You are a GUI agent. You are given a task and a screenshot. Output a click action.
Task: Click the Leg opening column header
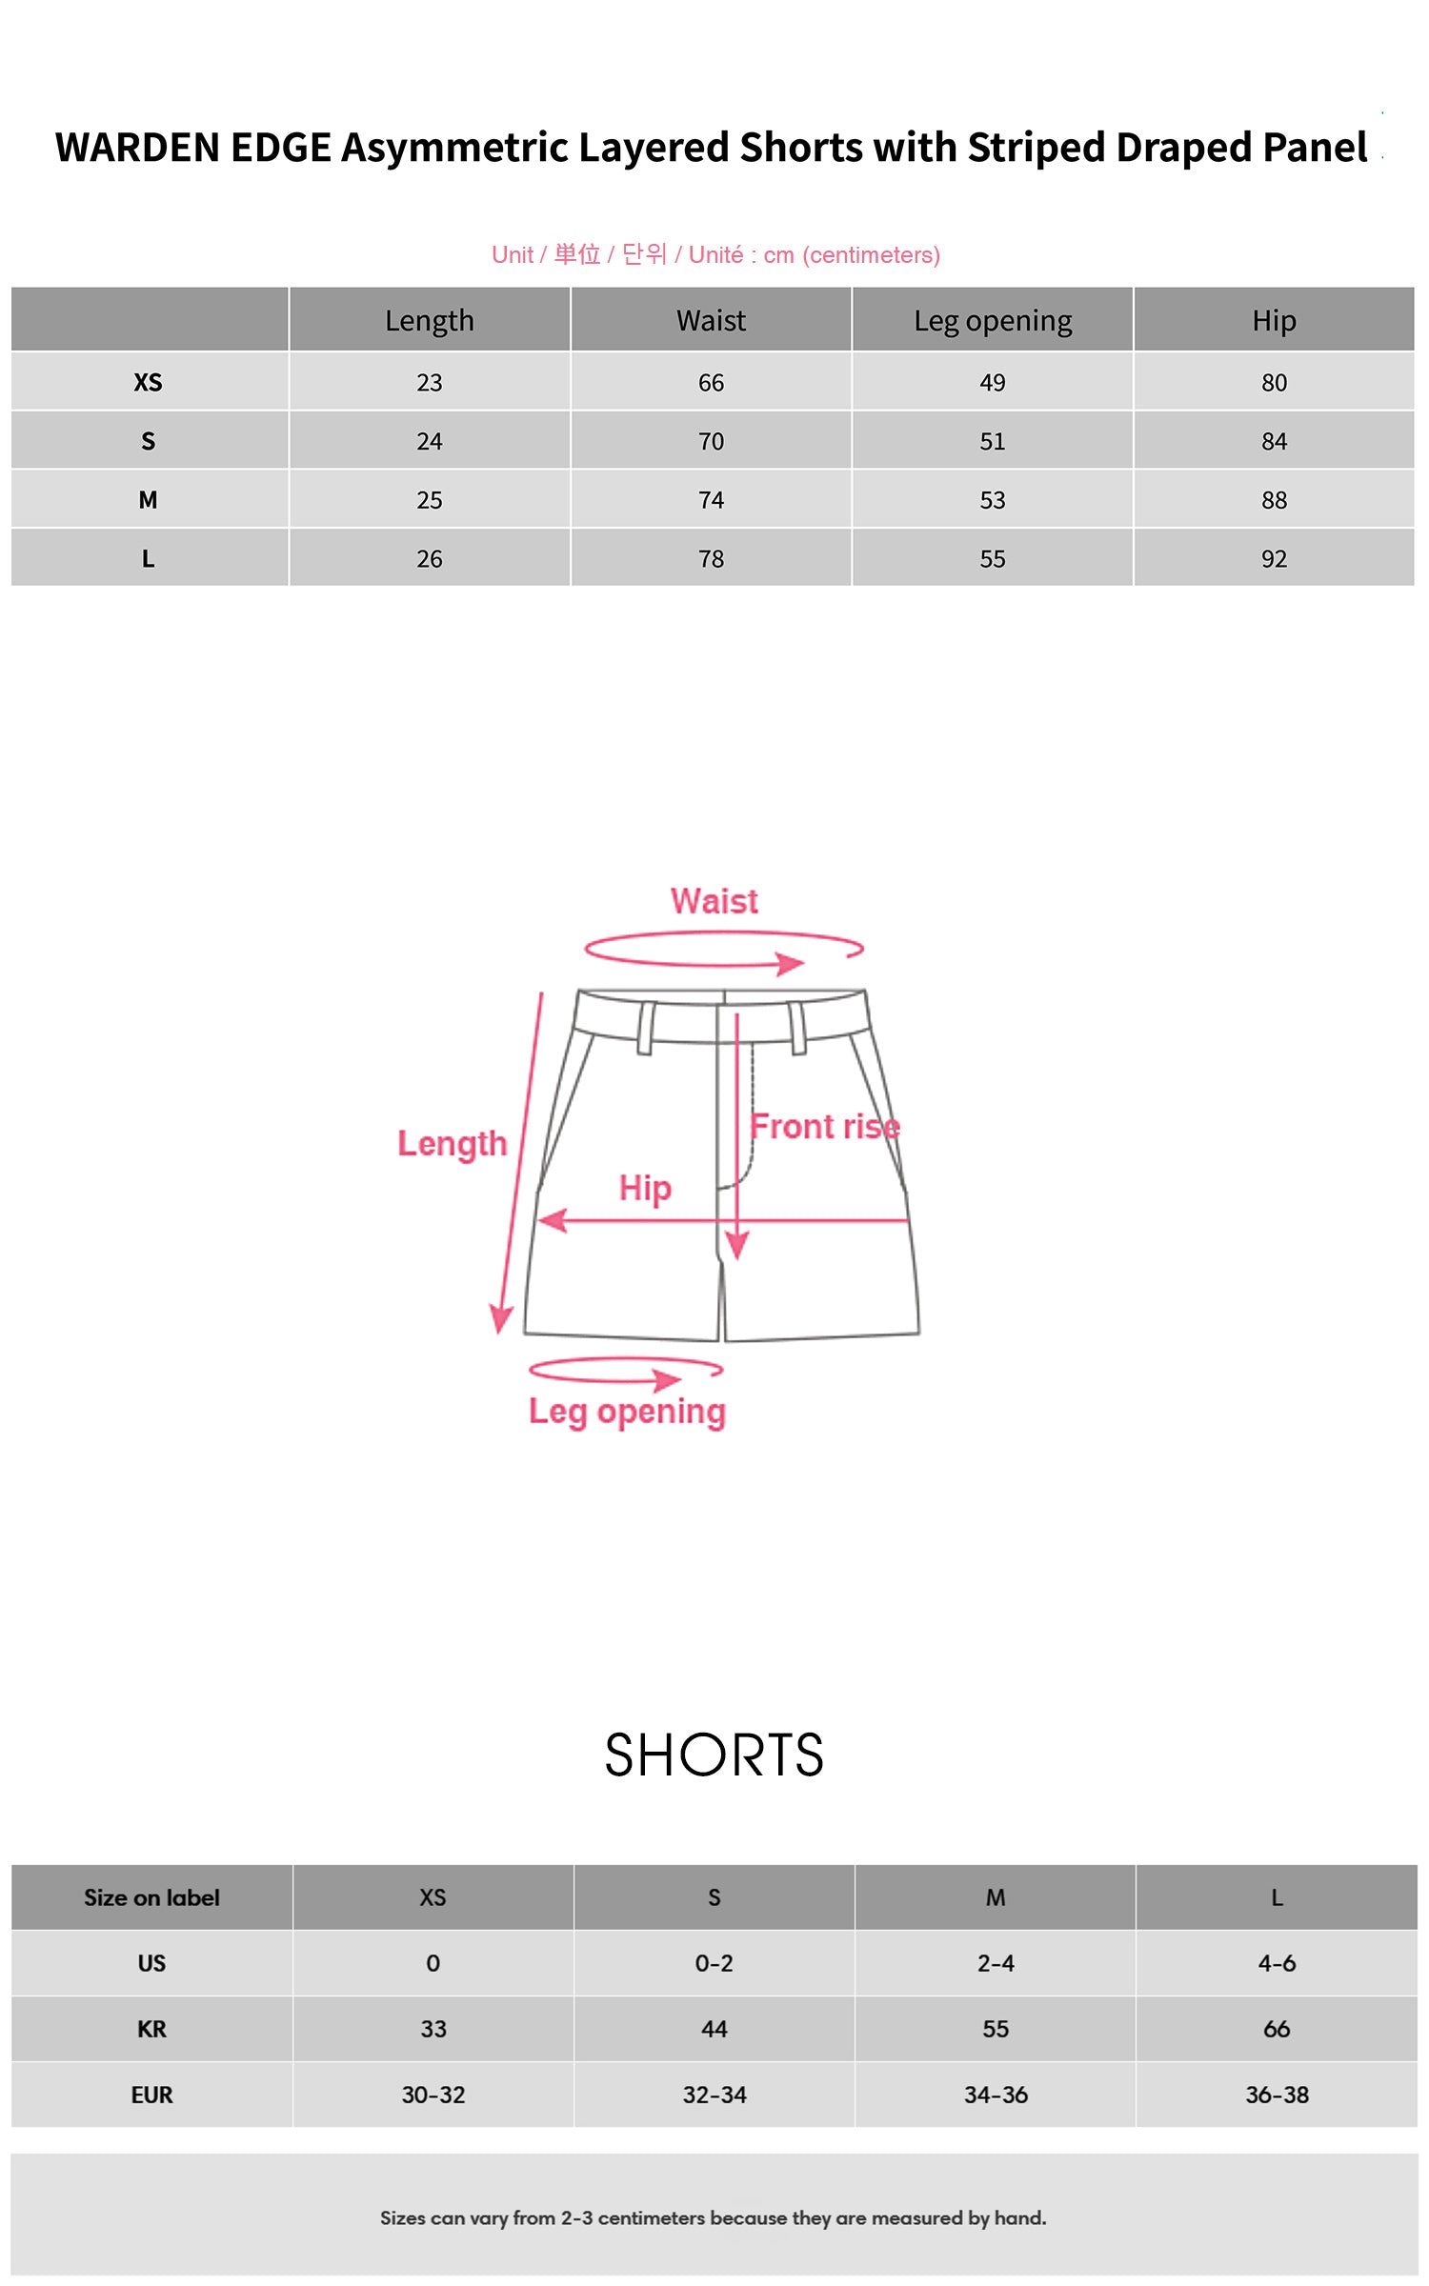993,321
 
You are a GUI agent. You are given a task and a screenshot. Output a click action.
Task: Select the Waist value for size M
711,500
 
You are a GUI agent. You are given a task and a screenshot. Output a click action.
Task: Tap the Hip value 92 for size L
1274,559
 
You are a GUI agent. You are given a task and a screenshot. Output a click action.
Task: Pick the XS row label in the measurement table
148,383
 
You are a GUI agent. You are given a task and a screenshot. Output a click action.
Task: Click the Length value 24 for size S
429,442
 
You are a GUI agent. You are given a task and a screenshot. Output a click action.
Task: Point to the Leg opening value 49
993,383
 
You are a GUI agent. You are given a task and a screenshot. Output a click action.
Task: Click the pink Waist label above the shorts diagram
714,901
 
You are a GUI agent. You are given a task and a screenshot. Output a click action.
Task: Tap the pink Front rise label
824,1127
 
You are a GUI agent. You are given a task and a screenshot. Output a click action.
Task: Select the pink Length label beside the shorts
452,1143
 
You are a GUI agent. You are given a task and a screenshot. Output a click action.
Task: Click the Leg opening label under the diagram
627,1412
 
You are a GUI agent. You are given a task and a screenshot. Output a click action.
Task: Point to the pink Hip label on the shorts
645,1188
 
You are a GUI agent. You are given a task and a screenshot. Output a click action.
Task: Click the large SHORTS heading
714,1755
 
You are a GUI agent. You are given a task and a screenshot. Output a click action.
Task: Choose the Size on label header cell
151,1897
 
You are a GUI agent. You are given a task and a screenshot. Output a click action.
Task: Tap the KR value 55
996,2029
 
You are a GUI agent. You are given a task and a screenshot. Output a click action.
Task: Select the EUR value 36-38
1277,2095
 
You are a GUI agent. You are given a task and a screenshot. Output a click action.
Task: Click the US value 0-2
714,1963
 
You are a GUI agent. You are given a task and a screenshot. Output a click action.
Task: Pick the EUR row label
151,2095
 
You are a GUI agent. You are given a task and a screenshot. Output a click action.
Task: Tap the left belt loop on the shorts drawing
646,1028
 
